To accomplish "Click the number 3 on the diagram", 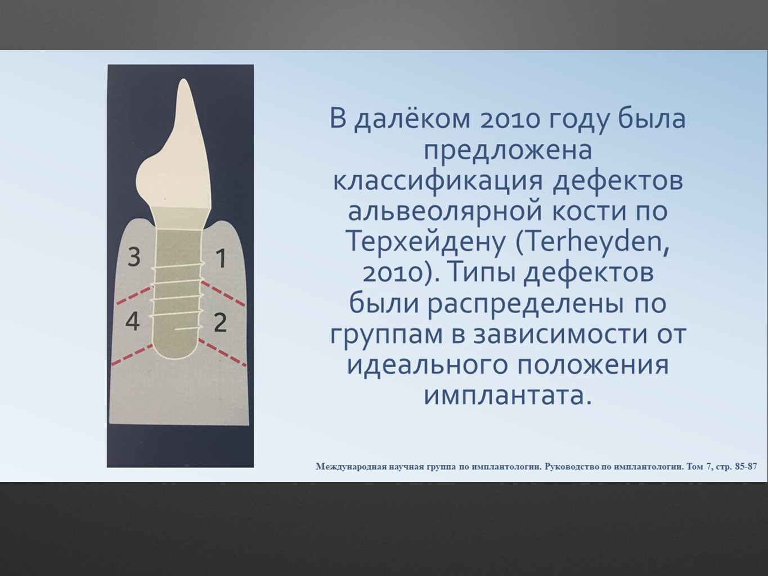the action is click(134, 256).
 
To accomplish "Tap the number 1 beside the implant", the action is click(221, 258).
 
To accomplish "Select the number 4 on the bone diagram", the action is click(133, 321).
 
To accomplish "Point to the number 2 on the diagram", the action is click(220, 322).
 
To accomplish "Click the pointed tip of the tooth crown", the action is click(183, 79).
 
